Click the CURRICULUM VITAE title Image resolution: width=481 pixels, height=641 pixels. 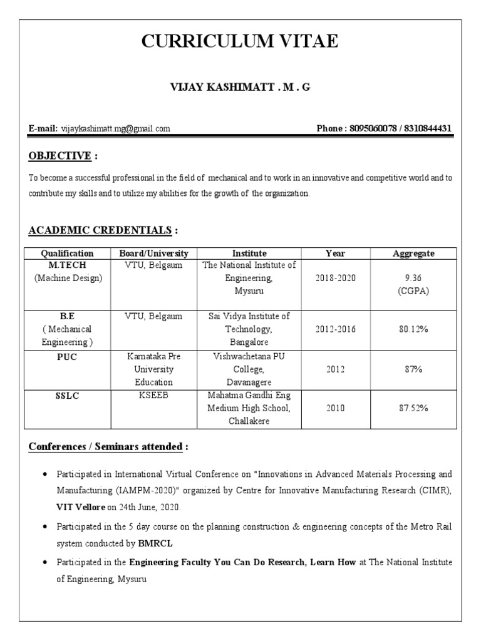click(240, 42)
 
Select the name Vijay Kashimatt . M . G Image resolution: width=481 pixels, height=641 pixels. click(240, 88)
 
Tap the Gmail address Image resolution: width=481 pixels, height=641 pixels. click(115, 129)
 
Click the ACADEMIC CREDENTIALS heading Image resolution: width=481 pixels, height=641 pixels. click(100, 230)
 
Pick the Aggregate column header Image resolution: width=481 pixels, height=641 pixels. click(413, 254)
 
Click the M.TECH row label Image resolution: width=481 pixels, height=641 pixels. click(67, 265)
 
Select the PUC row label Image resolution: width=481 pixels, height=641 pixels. click(67, 356)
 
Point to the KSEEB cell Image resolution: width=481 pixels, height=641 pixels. click(153, 396)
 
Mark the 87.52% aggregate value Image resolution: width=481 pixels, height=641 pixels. click(413, 408)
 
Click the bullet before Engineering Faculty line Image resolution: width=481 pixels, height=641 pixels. click(45, 563)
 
